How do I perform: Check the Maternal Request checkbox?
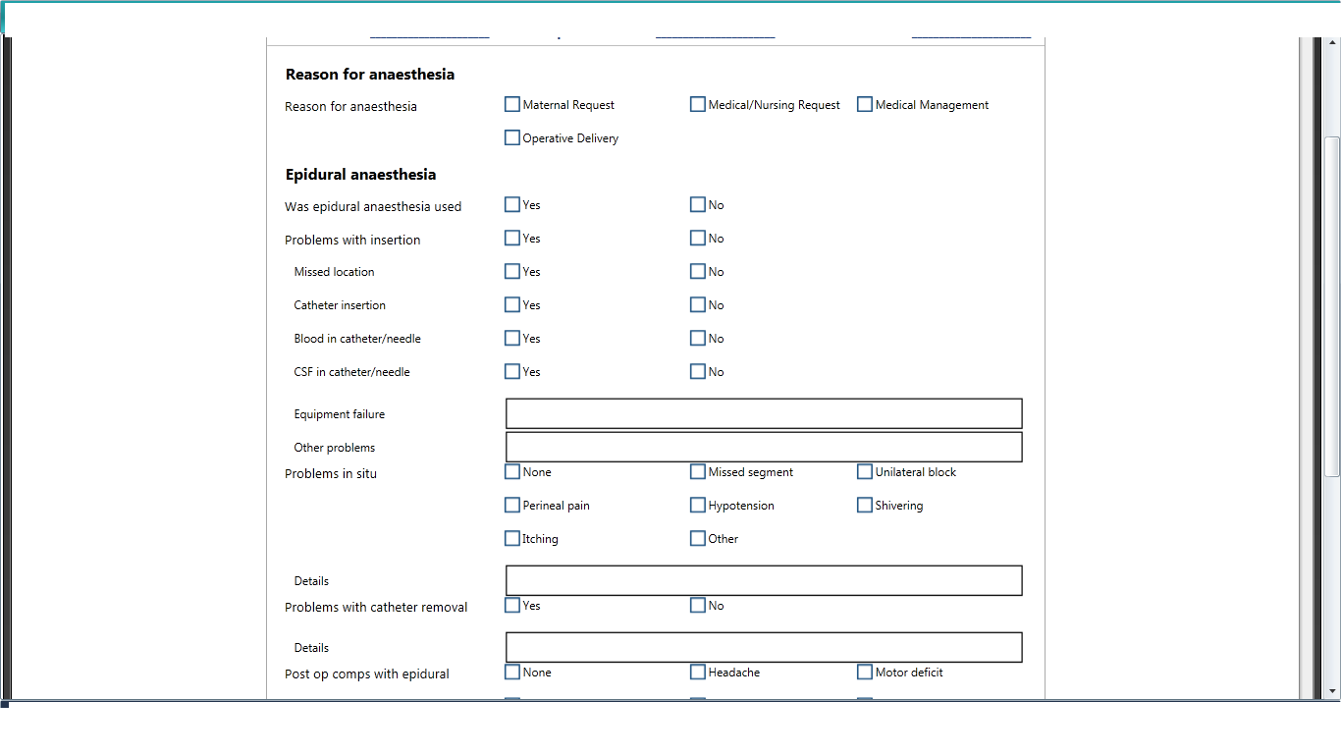pyautogui.click(x=512, y=104)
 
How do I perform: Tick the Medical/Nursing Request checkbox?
pyautogui.click(x=698, y=104)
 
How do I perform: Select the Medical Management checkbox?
pyautogui.click(x=865, y=104)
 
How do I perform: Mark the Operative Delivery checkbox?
pyautogui.click(x=512, y=137)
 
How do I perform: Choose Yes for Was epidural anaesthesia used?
pyautogui.click(x=512, y=204)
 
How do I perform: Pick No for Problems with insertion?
pyautogui.click(x=698, y=238)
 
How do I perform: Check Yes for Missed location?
pyautogui.click(x=512, y=271)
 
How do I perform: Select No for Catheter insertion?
pyautogui.click(x=698, y=304)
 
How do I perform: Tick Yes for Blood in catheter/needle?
pyautogui.click(x=512, y=338)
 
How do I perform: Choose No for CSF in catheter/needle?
pyautogui.click(x=698, y=371)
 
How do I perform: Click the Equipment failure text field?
pyautogui.click(x=764, y=413)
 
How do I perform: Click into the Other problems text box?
pyautogui.click(x=764, y=447)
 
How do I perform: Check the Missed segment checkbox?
pyautogui.click(x=698, y=471)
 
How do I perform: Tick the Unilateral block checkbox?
pyautogui.click(x=865, y=471)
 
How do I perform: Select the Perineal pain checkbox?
pyautogui.click(x=512, y=505)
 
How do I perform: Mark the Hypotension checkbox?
pyautogui.click(x=698, y=505)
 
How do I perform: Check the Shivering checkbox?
pyautogui.click(x=865, y=505)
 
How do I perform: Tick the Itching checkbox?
pyautogui.click(x=512, y=538)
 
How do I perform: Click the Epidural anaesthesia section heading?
pyautogui.click(x=360, y=175)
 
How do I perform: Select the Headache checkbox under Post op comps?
pyautogui.click(x=698, y=672)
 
